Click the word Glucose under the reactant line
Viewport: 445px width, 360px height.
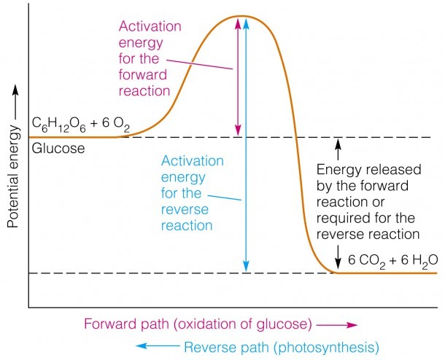(58, 149)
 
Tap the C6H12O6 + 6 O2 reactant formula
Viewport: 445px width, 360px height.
(80, 125)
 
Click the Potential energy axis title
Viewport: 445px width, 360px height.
(13, 176)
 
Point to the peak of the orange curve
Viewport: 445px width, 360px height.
(241, 16)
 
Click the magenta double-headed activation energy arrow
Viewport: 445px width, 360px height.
(238, 77)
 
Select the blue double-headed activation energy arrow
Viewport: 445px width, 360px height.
(246, 144)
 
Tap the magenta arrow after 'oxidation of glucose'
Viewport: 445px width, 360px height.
(336, 325)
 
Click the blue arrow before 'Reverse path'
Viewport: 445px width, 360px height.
(158, 346)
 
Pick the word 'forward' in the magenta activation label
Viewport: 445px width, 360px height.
(143, 75)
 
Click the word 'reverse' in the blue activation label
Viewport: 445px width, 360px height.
(185, 209)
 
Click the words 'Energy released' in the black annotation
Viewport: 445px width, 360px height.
(368, 170)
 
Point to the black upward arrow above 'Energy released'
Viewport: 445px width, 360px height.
(338, 149)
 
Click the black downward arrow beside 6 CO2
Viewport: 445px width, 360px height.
(338, 257)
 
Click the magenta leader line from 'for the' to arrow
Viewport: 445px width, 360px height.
(199, 64)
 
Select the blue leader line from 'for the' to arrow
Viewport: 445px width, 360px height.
(225, 197)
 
